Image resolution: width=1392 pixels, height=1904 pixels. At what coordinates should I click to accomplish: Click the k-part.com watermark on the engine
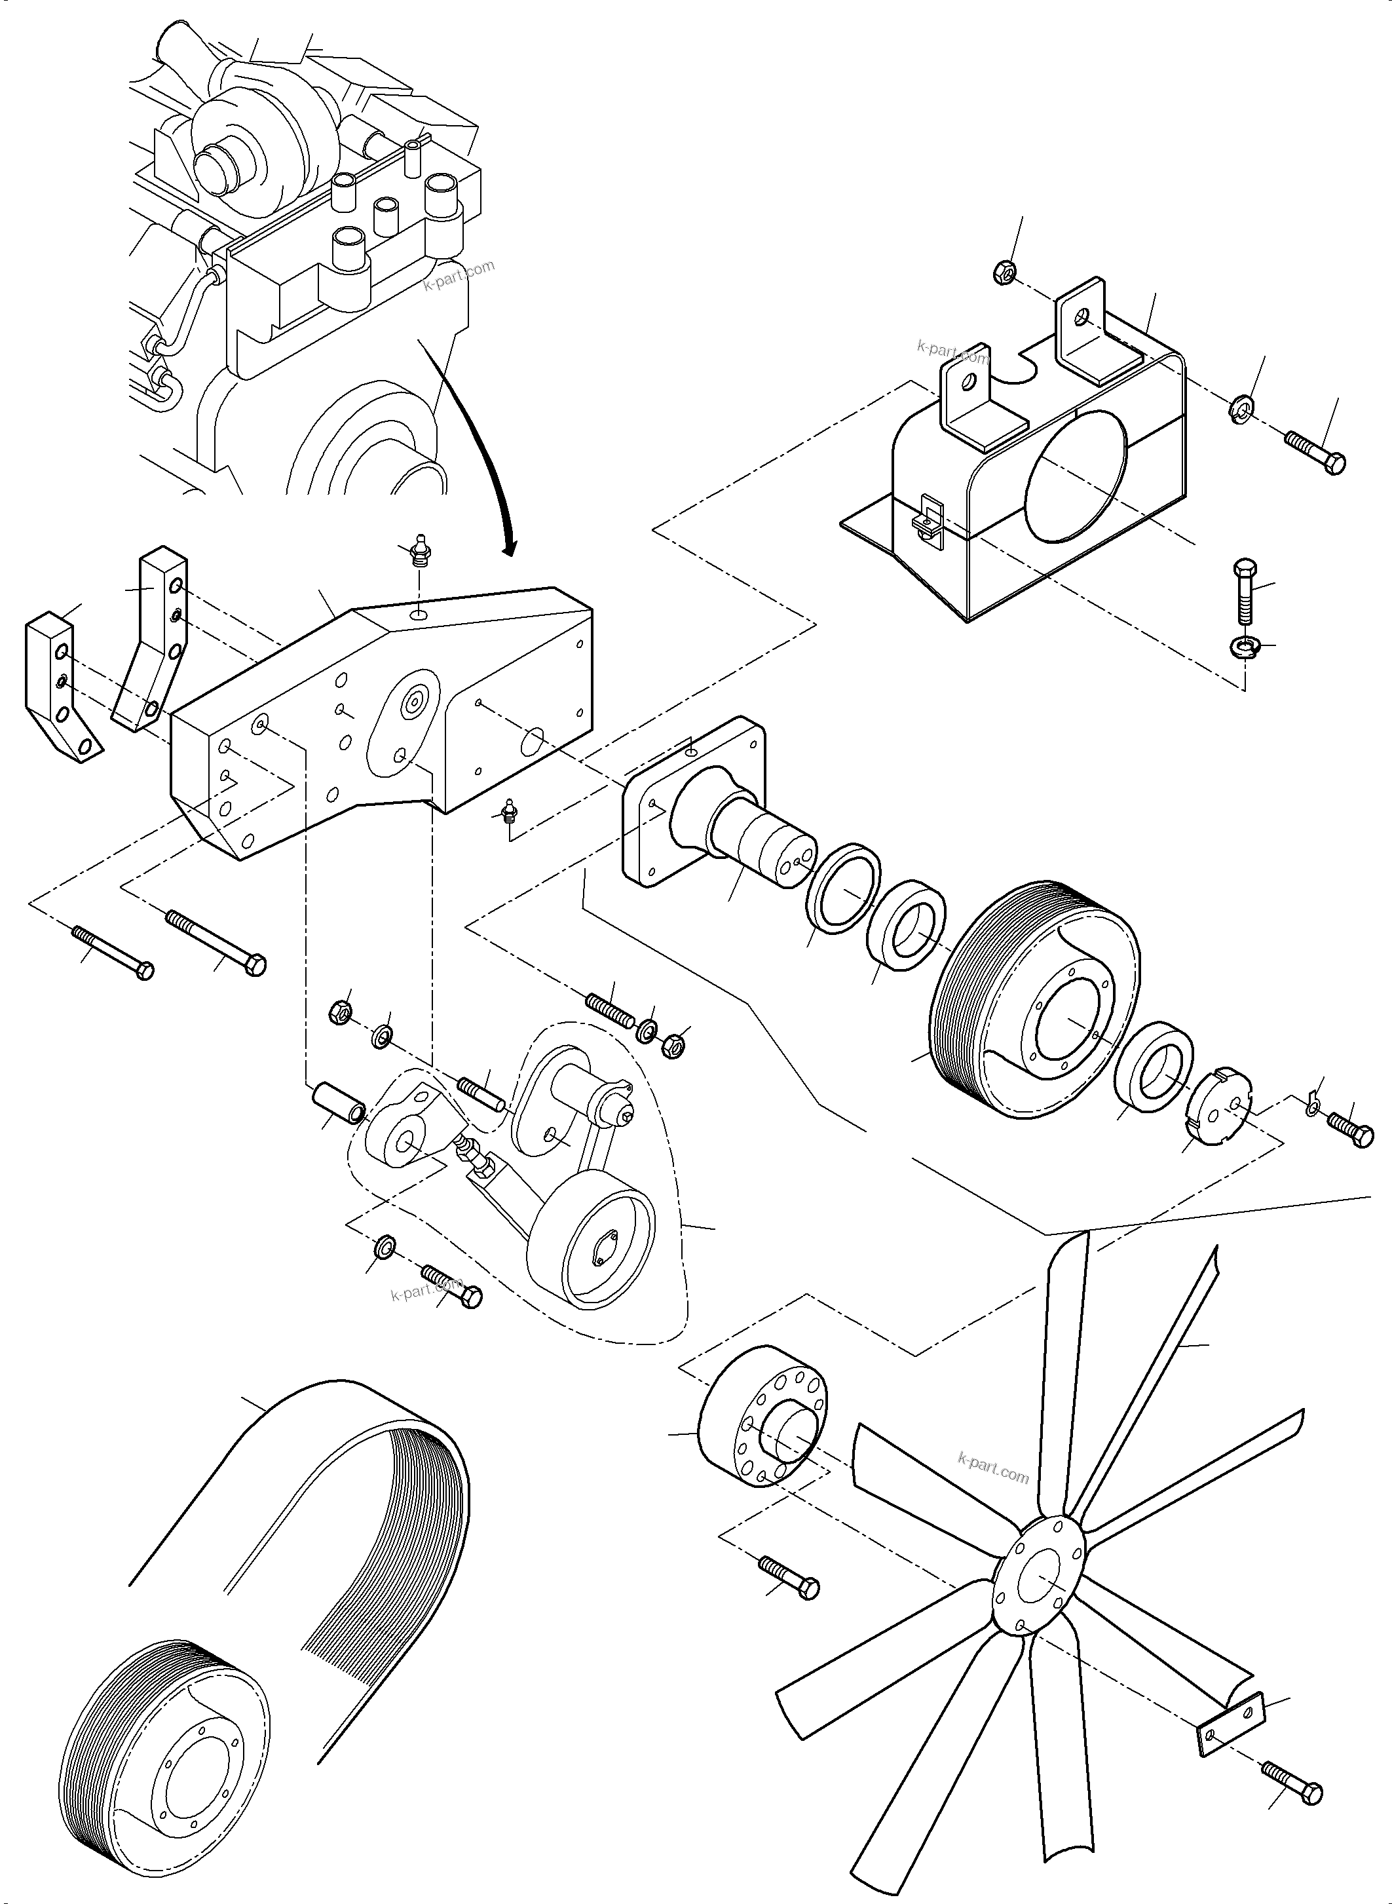(x=459, y=275)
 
